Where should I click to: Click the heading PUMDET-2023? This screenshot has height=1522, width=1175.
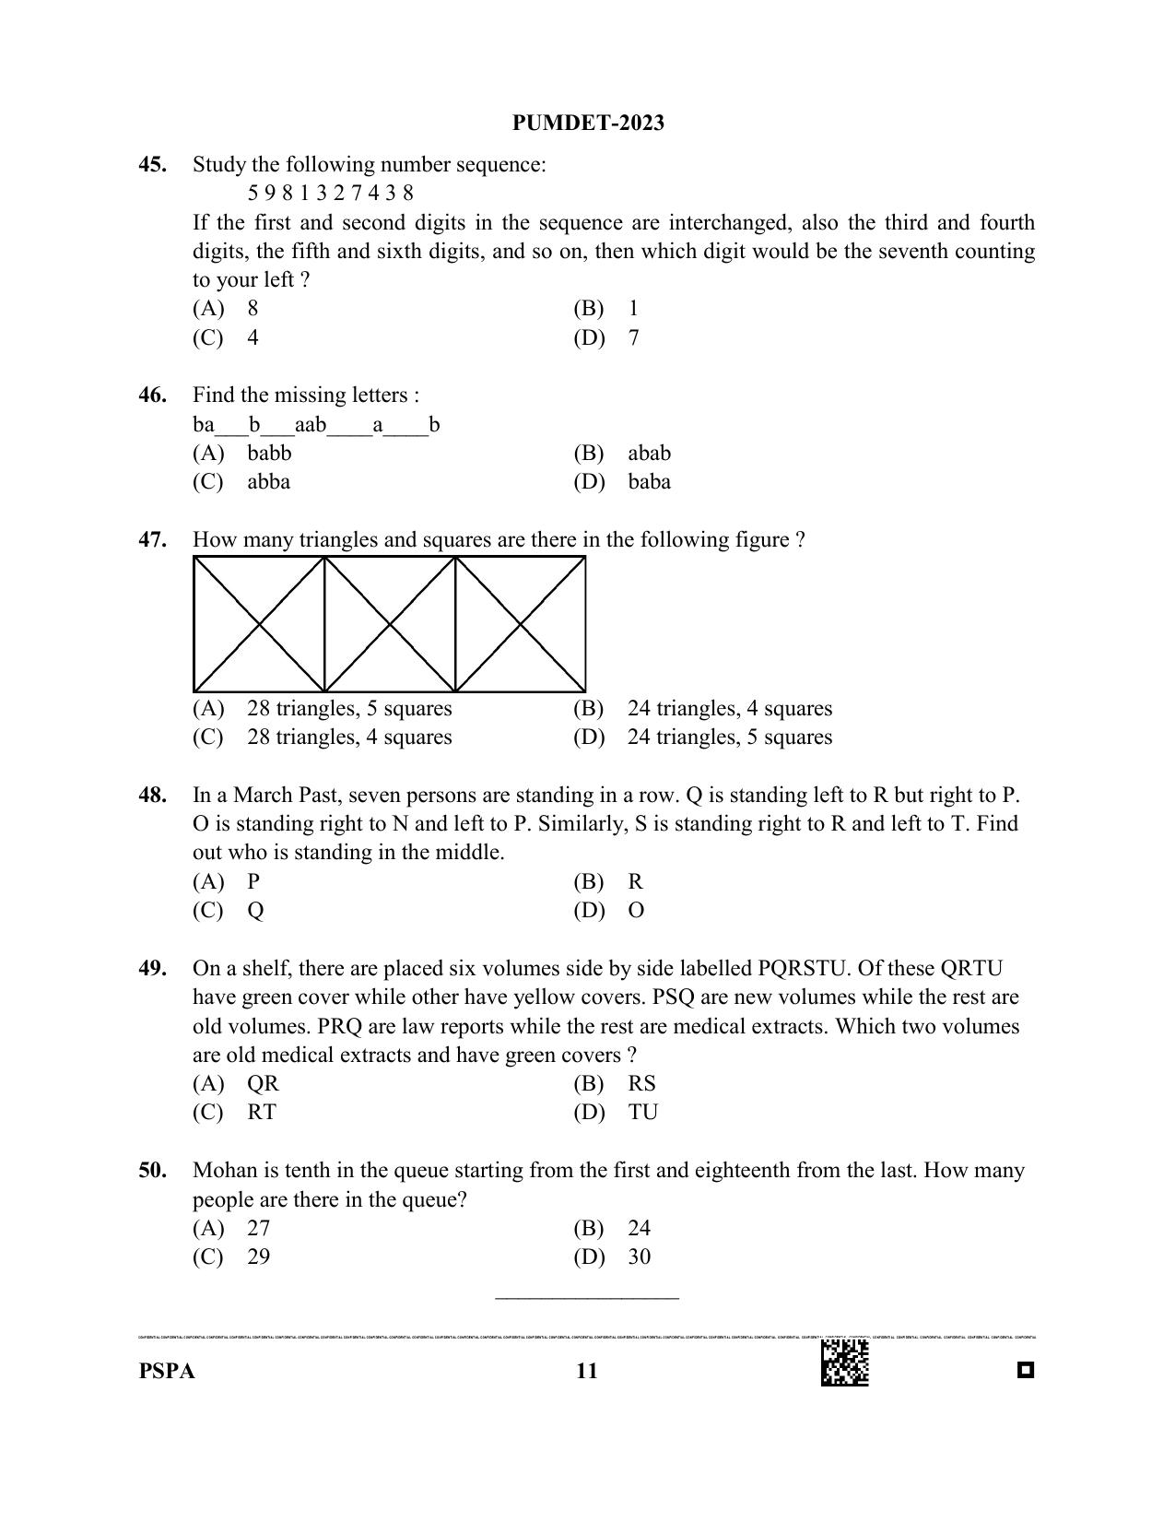(588, 124)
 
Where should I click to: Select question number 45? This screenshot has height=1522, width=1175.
(153, 165)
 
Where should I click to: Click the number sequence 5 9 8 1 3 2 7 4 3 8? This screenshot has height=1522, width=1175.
(330, 193)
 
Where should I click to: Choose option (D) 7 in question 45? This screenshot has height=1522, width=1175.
(633, 337)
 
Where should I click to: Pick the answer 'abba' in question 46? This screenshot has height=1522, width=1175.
(268, 482)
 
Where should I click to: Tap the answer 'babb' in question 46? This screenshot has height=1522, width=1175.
(269, 453)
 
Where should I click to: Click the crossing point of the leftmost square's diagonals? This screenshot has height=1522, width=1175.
(259, 624)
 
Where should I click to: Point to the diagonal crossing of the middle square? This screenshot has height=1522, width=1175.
(390, 624)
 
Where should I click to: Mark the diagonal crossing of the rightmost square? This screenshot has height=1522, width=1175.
(521, 624)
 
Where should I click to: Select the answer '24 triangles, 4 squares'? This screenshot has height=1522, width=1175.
(729, 709)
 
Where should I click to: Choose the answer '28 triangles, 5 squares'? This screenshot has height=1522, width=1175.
(349, 709)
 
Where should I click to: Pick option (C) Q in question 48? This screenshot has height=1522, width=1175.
(255, 911)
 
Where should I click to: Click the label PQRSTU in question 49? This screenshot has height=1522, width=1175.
(800, 969)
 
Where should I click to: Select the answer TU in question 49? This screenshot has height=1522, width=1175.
(642, 1113)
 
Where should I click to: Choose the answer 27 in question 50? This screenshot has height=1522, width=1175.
(258, 1228)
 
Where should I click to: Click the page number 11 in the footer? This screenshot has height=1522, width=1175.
(586, 1372)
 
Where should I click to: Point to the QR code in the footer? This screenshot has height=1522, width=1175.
(844, 1363)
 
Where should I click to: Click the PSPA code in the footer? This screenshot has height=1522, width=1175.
(167, 1372)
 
